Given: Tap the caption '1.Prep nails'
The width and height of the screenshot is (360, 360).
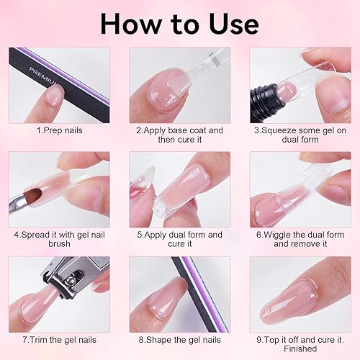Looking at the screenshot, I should (59, 132).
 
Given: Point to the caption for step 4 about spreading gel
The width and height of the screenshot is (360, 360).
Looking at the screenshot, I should (59, 238).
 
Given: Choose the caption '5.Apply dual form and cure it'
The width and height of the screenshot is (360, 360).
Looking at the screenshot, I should (179, 238).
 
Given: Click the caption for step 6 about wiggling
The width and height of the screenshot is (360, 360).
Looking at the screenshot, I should (300, 238).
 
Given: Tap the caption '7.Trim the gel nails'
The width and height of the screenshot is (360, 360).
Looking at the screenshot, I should (59, 339).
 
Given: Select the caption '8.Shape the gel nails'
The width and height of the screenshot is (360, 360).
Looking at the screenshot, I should (179, 339).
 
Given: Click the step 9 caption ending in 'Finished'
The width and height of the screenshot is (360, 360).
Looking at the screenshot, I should (300, 344).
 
